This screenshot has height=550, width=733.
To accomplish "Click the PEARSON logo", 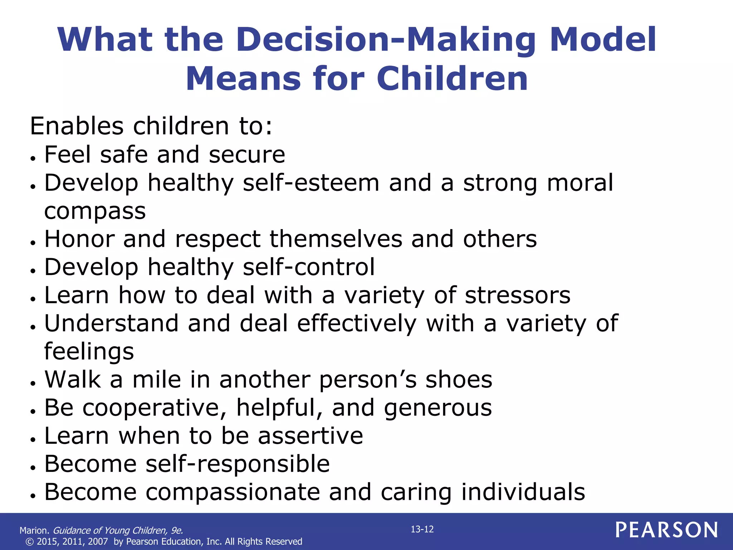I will [666, 530].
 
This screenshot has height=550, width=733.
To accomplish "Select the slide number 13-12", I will [422, 529].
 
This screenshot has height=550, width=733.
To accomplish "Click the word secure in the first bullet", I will [247, 155].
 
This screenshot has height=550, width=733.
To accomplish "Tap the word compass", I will [95, 211].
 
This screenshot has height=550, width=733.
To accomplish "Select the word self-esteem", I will [311, 183].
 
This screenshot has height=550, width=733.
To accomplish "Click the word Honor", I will [79, 239].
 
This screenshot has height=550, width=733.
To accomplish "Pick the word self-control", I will [309, 267].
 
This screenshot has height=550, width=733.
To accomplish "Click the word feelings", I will [89, 352].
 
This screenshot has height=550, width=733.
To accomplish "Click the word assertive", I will [310, 436].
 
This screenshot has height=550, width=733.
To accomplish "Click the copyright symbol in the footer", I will [30, 542].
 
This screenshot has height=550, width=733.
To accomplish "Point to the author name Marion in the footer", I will [34, 530].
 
